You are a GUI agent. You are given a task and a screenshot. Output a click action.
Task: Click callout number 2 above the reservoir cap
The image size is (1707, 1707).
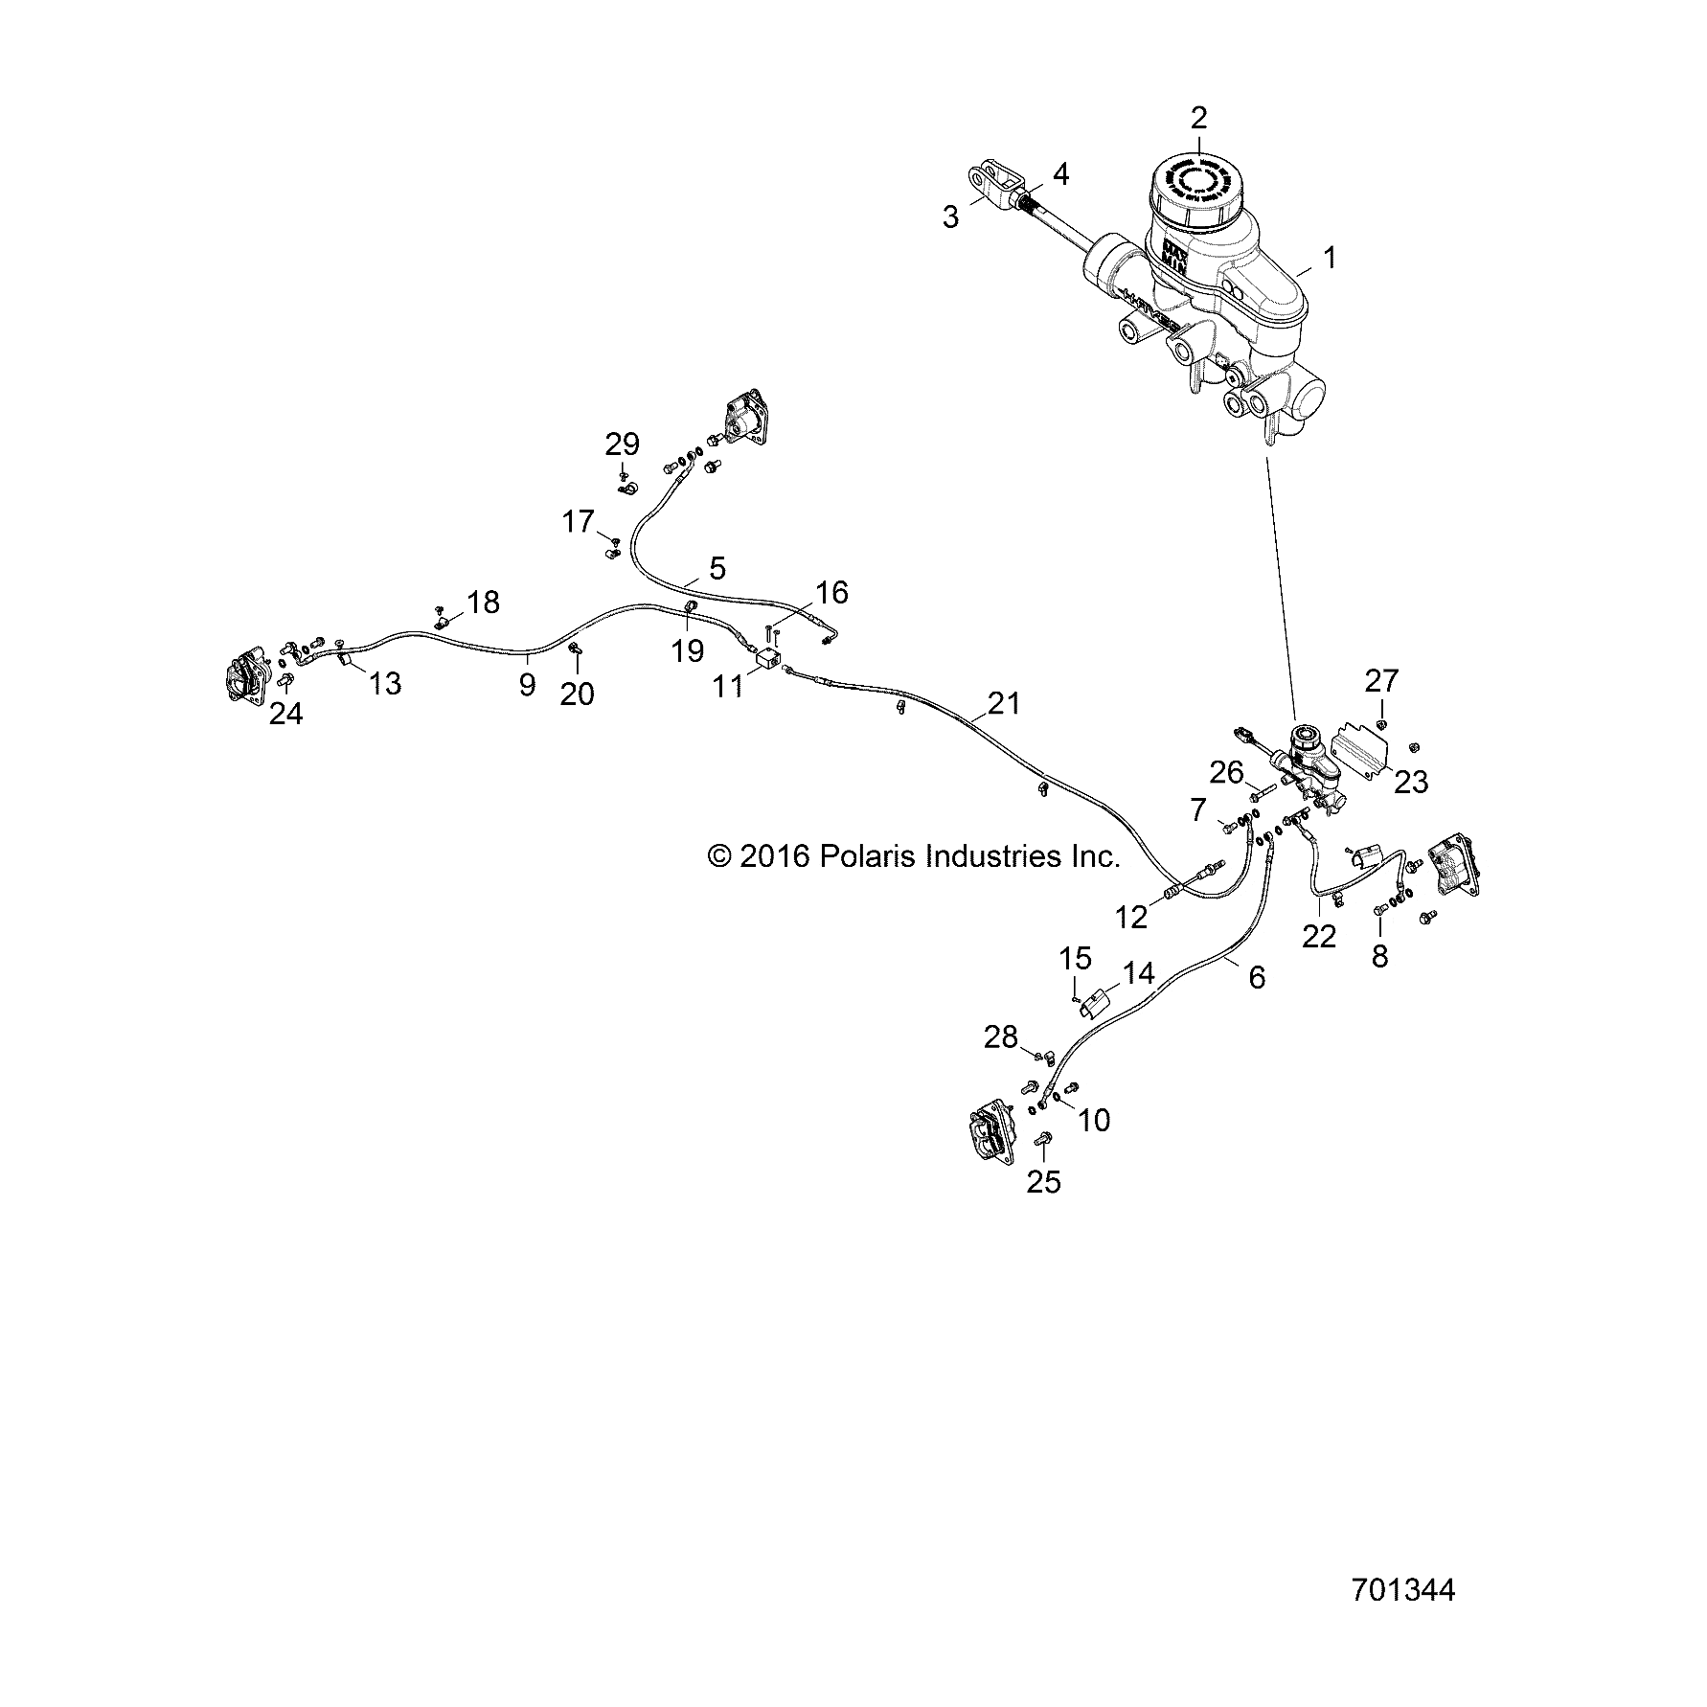(x=1199, y=119)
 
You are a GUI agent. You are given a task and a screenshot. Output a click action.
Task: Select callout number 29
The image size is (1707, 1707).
(x=622, y=444)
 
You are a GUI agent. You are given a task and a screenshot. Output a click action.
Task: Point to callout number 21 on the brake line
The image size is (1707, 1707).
(x=1004, y=703)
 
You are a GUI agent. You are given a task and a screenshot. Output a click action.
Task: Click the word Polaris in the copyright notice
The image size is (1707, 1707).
(x=863, y=856)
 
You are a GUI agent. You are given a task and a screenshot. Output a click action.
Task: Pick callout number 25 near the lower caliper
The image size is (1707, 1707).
(x=1044, y=1182)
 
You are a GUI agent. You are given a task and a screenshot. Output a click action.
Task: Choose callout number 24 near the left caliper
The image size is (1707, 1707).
(x=285, y=713)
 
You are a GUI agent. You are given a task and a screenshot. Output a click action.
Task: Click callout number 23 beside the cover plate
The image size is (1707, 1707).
(x=1411, y=782)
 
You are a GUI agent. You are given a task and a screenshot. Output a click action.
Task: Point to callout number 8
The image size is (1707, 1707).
(x=1379, y=956)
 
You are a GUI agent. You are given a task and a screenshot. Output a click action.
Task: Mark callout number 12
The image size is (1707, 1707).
(x=1131, y=917)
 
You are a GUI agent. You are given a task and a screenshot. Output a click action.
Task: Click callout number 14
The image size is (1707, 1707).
(x=1139, y=973)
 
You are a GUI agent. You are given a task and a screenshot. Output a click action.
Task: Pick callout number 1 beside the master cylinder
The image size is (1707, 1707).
(x=1329, y=257)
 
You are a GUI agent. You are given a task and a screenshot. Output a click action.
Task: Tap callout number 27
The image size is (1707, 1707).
(x=1382, y=680)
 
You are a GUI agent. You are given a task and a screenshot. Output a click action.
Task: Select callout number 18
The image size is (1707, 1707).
(x=484, y=603)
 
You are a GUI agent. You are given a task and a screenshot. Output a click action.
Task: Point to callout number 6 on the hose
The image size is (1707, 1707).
(x=1257, y=977)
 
